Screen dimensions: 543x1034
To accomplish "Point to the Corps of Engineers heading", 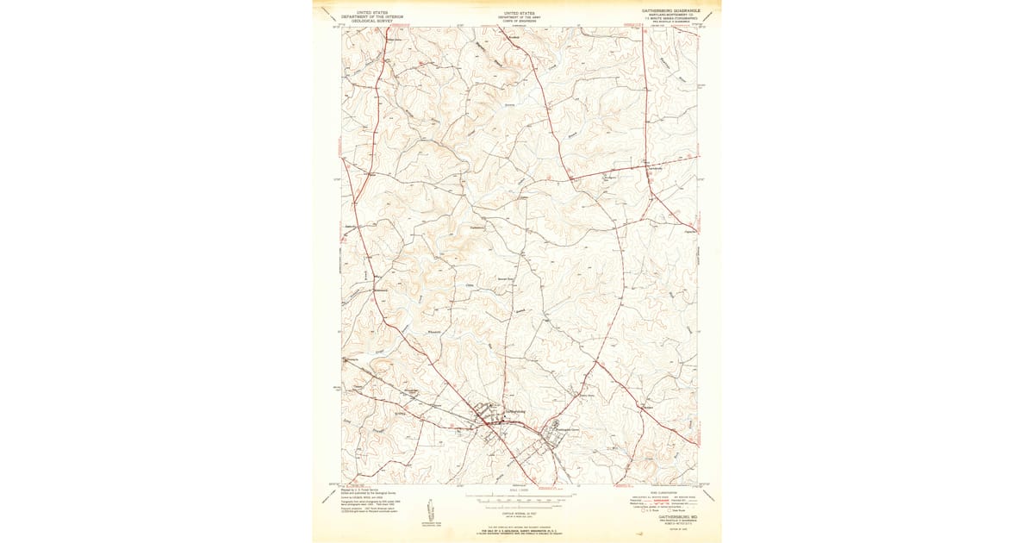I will click(518, 19).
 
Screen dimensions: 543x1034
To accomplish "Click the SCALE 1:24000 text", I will click(518, 492).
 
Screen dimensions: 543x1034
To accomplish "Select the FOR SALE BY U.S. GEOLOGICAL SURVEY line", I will click(518, 532).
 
